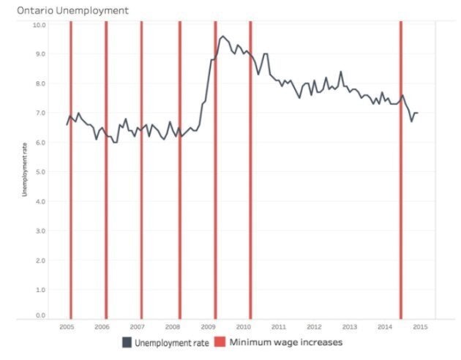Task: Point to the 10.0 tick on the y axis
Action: point(40,25)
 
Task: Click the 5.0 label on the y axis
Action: point(41,172)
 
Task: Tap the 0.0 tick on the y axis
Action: point(41,315)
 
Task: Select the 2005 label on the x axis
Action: point(67,326)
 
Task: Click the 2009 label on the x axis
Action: point(208,326)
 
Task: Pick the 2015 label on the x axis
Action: point(420,326)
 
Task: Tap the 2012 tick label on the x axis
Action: point(314,326)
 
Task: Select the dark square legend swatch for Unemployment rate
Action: point(127,342)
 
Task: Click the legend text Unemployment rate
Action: point(172,342)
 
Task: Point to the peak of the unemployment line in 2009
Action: point(222,35)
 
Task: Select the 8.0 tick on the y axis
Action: point(41,83)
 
